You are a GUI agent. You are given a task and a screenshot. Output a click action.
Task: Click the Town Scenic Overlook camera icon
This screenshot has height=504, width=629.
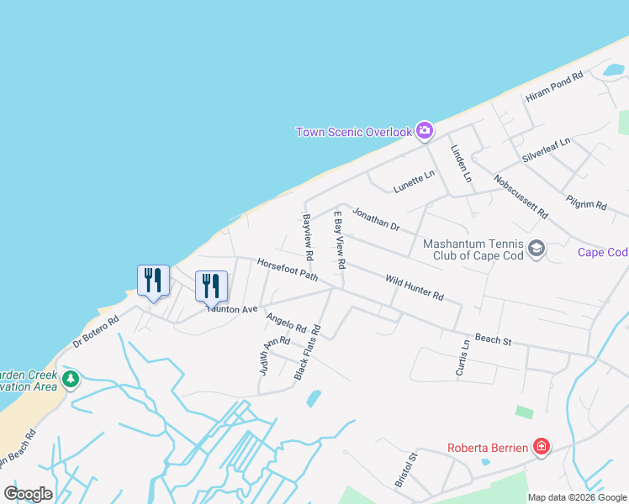point(425,130)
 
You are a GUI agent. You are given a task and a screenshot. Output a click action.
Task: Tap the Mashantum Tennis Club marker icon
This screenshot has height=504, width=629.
point(536,249)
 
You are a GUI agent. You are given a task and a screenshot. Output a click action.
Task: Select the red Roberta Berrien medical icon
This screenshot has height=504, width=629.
point(542,447)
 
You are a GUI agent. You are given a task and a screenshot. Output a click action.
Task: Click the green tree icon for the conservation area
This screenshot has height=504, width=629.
point(71,380)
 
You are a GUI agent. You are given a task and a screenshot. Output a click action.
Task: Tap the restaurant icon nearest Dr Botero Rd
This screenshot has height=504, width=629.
point(153,281)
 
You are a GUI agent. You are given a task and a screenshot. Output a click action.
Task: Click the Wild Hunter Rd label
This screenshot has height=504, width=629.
point(414,287)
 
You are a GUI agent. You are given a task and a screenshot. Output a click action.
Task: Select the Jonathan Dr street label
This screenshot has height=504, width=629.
point(375,218)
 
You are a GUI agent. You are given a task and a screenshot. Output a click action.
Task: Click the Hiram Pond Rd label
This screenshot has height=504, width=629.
point(554,87)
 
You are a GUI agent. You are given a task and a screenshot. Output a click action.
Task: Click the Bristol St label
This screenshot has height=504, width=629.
point(405,472)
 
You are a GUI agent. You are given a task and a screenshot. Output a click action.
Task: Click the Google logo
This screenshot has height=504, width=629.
point(28,494)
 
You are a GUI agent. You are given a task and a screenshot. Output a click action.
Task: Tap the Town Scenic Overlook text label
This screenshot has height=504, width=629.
point(354,132)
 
